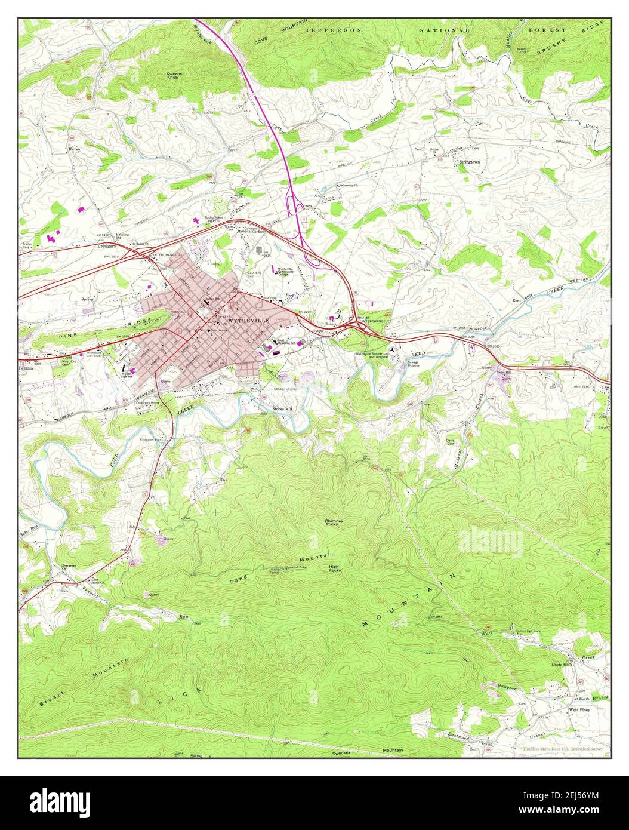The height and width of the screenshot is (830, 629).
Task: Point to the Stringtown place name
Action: pos(469,162)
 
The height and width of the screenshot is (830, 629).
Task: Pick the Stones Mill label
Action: pos(283,409)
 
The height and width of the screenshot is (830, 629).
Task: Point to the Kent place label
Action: pos(517,300)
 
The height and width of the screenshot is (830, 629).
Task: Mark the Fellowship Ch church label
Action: pos(349,186)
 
